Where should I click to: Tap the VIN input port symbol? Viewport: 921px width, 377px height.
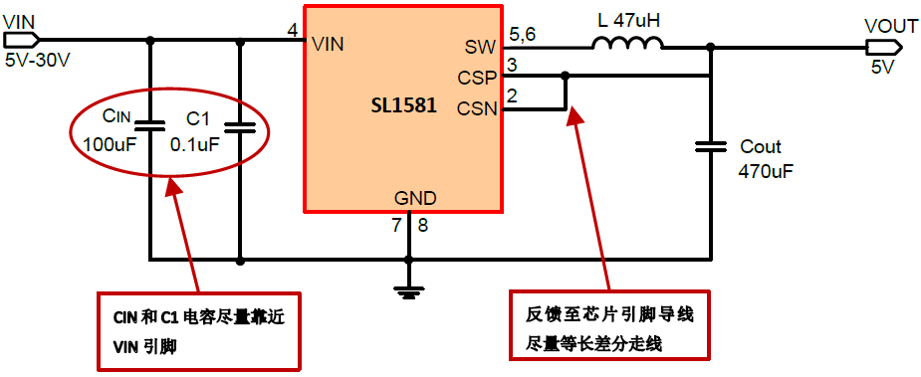[21, 40]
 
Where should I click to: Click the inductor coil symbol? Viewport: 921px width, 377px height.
[627, 43]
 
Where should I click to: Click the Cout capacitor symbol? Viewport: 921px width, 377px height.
[711, 146]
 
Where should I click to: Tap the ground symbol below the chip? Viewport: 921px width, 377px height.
[406, 289]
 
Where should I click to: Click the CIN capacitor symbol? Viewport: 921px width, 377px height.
[149, 126]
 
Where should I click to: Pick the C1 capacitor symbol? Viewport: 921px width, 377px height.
[240, 126]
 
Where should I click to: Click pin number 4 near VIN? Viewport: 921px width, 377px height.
[292, 31]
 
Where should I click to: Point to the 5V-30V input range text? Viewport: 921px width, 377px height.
[38, 59]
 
